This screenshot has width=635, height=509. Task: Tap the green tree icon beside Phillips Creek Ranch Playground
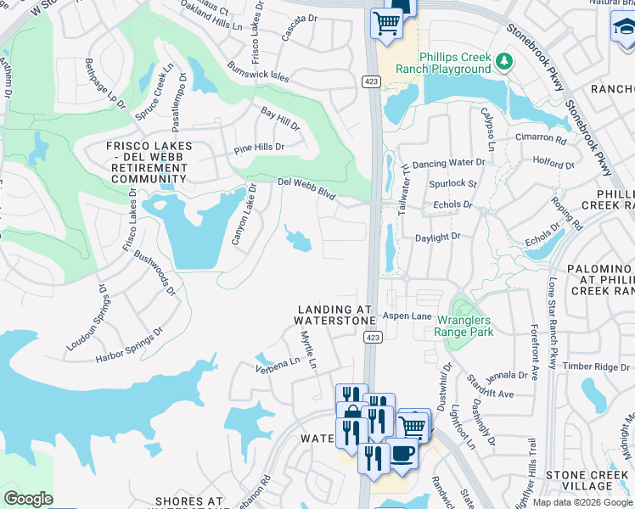(x=504, y=60)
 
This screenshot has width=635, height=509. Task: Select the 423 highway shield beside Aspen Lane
(x=373, y=337)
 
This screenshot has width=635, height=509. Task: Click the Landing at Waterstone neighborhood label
(x=334, y=315)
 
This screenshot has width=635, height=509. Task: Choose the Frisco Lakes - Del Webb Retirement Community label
(x=149, y=162)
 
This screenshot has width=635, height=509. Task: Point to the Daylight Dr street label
(x=437, y=238)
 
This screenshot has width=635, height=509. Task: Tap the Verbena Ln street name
(x=278, y=365)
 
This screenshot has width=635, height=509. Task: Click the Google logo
(x=28, y=499)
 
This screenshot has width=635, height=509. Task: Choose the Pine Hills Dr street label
(x=259, y=148)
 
